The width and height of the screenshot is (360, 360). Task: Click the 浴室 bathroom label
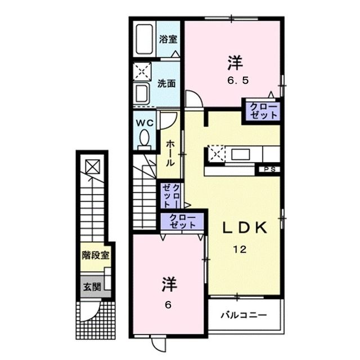(168, 39)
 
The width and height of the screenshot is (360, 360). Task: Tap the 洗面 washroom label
(166, 83)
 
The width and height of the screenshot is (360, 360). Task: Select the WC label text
(145, 122)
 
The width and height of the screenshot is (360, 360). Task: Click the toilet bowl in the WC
(144, 138)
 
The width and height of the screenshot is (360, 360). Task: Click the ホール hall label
(169, 152)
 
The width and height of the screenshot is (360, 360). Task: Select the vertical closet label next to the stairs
(171, 195)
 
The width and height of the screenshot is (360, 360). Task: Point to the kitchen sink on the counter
(241, 154)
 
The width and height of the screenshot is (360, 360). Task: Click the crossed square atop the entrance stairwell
(92, 166)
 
